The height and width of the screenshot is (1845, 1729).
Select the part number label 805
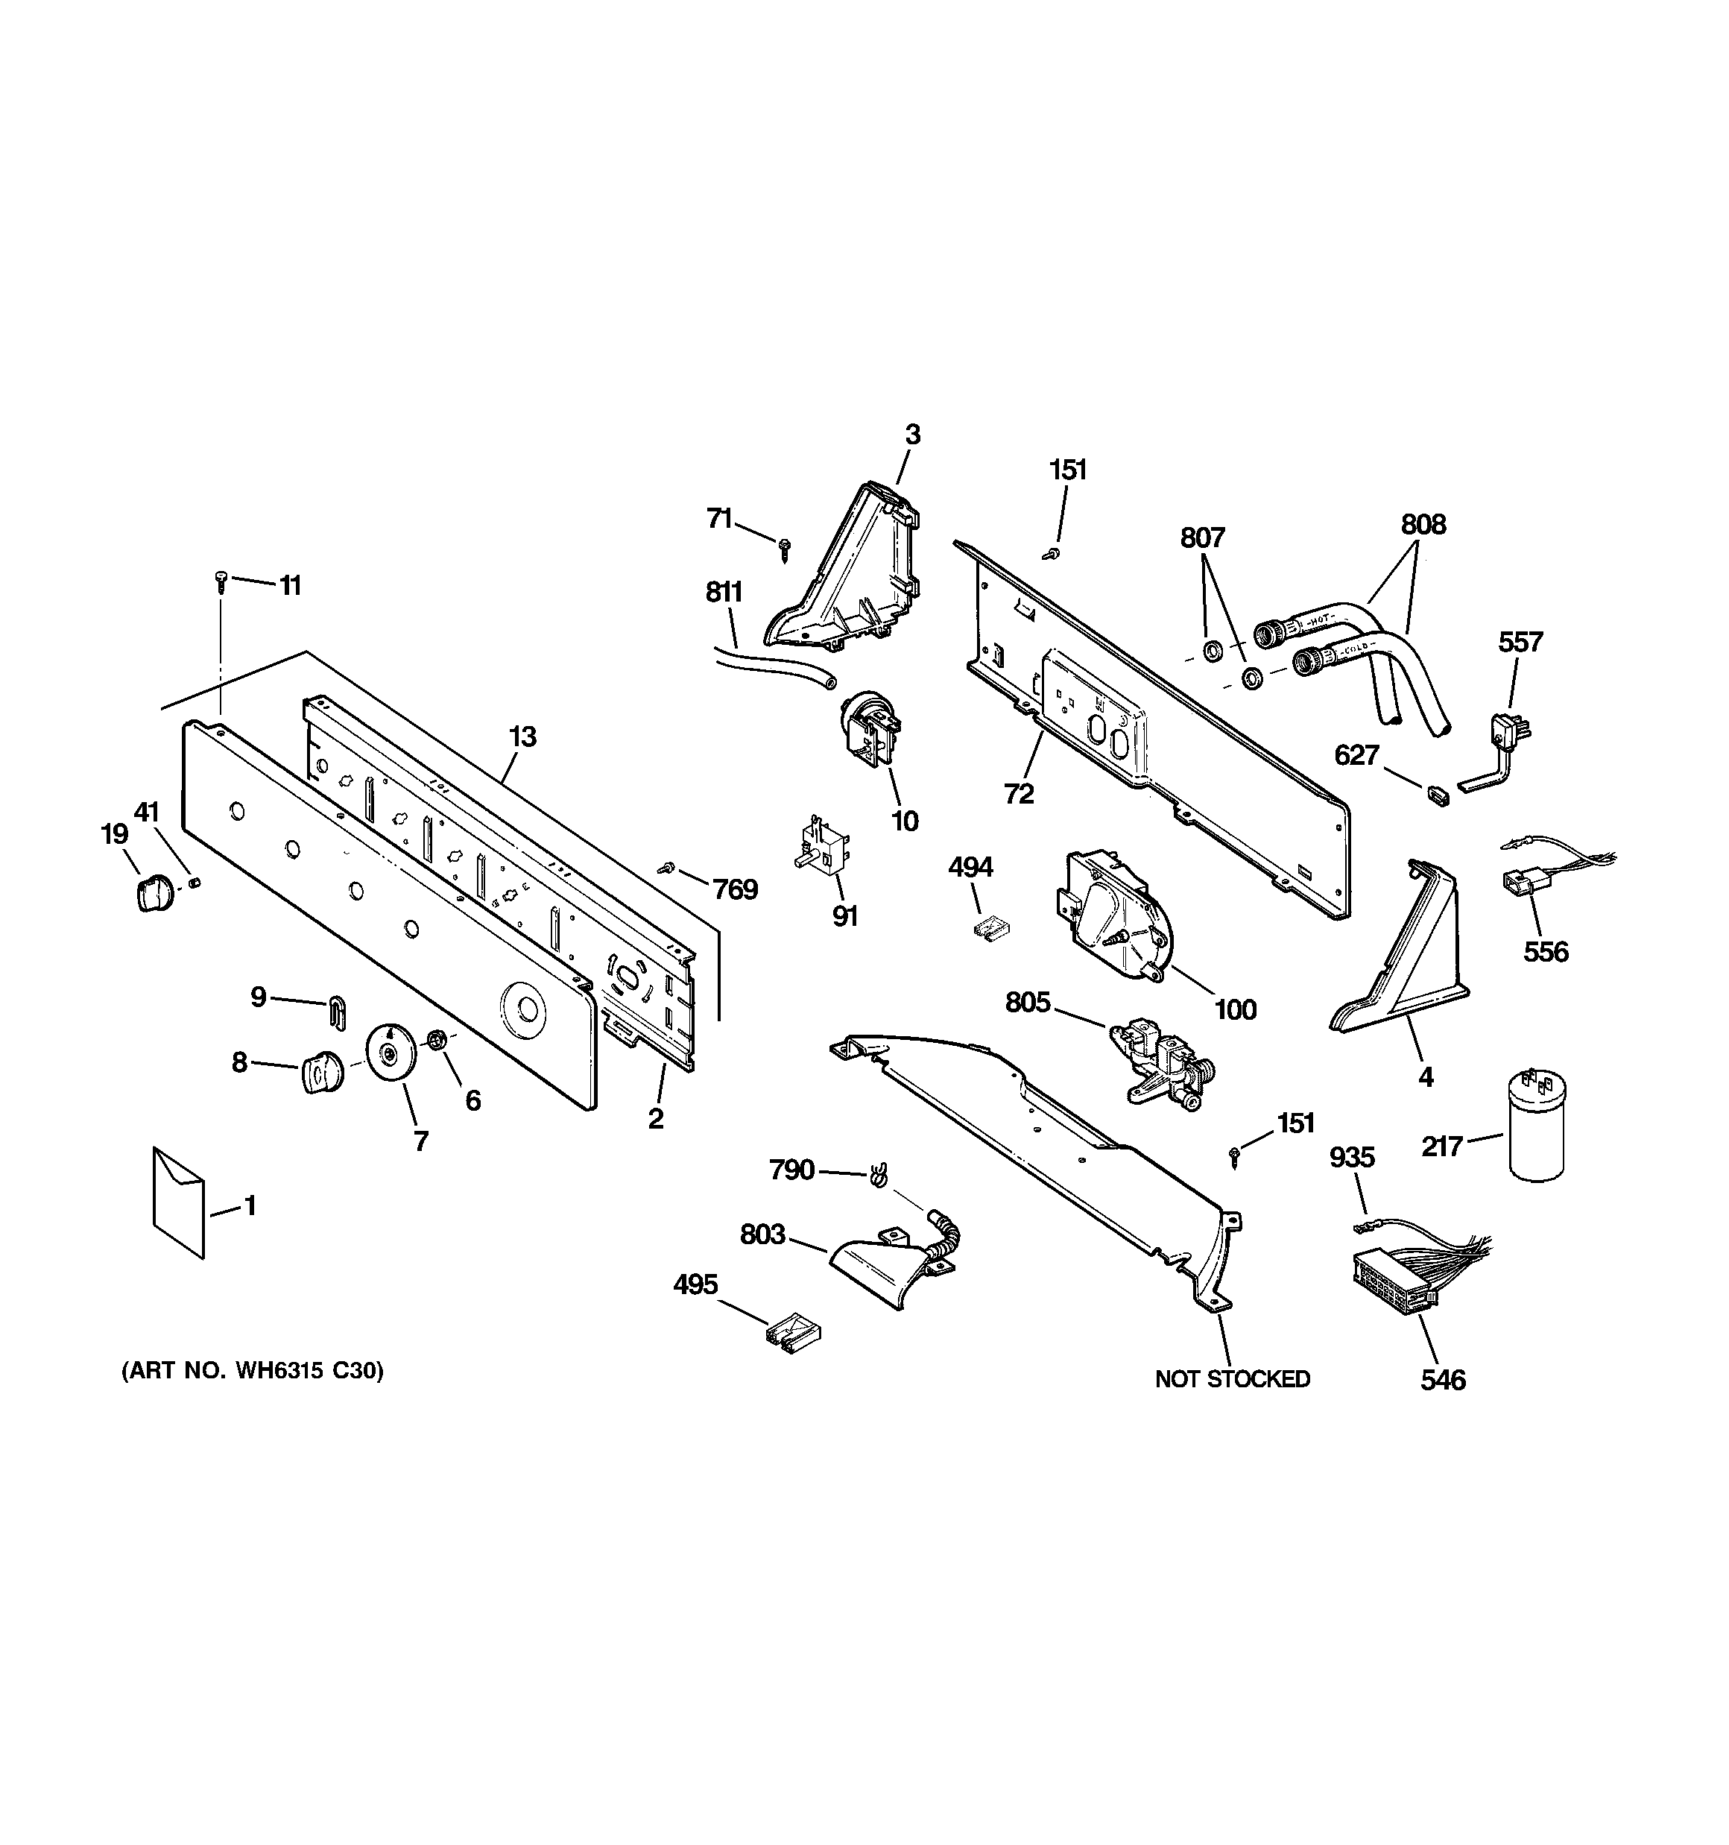pos(1028,1003)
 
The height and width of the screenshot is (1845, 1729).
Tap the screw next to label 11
pos(220,580)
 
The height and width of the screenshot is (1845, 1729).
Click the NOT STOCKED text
pos(1232,1379)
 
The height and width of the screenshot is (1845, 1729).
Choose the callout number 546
pos(1443,1380)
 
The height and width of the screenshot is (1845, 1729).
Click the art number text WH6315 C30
pos(253,1371)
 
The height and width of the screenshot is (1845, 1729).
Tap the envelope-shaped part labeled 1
pos(178,1202)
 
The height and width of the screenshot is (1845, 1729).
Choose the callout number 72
pos(1018,793)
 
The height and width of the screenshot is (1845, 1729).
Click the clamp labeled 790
pos(875,1175)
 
